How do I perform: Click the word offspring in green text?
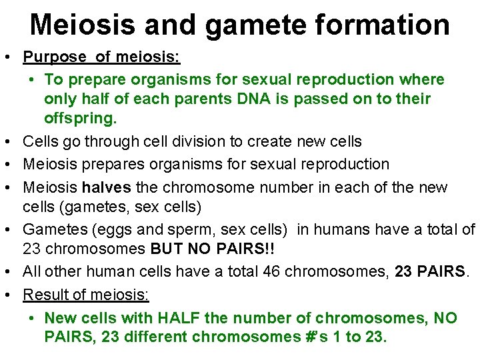tap(80, 119)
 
